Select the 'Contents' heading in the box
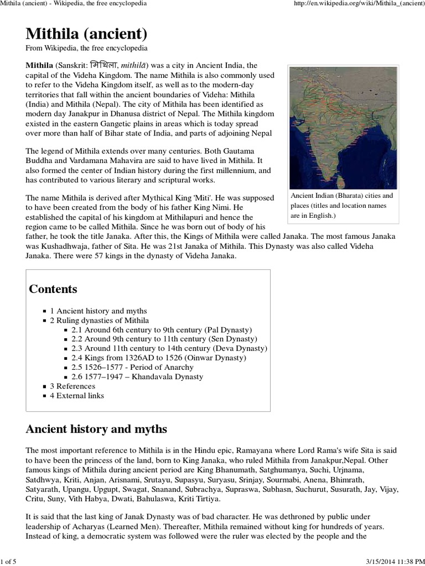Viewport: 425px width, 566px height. (53, 289)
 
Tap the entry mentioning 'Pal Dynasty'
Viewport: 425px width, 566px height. (162, 330)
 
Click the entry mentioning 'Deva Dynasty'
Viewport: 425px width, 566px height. (169, 349)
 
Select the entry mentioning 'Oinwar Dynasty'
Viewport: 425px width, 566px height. (159, 358)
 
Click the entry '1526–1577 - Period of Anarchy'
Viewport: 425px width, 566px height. (133, 368)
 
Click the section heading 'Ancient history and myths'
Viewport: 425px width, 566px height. (97, 429)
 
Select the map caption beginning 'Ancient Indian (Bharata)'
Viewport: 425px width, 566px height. (341, 206)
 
